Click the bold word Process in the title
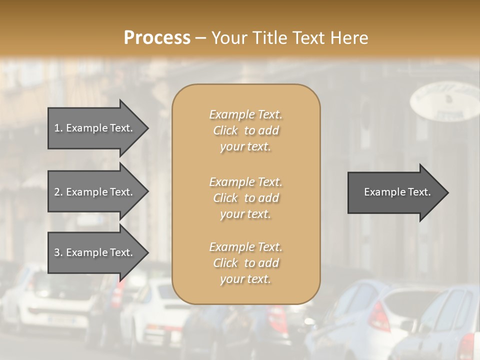pyautogui.click(x=157, y=38)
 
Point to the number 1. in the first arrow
pyautogui.click(x=58, y=128)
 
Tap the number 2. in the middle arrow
pyautogui.click(x=58, y=192)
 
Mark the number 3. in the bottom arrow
pyautogui.click(x=58, y=252)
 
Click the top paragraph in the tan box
pyautogui.click(x=245, y=130)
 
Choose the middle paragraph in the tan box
pyautogui.click(x=245, y=197)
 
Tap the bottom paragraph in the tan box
pyautogui.click(x=245, y=263)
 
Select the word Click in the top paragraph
pyautogui.click(x=225, y=130)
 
